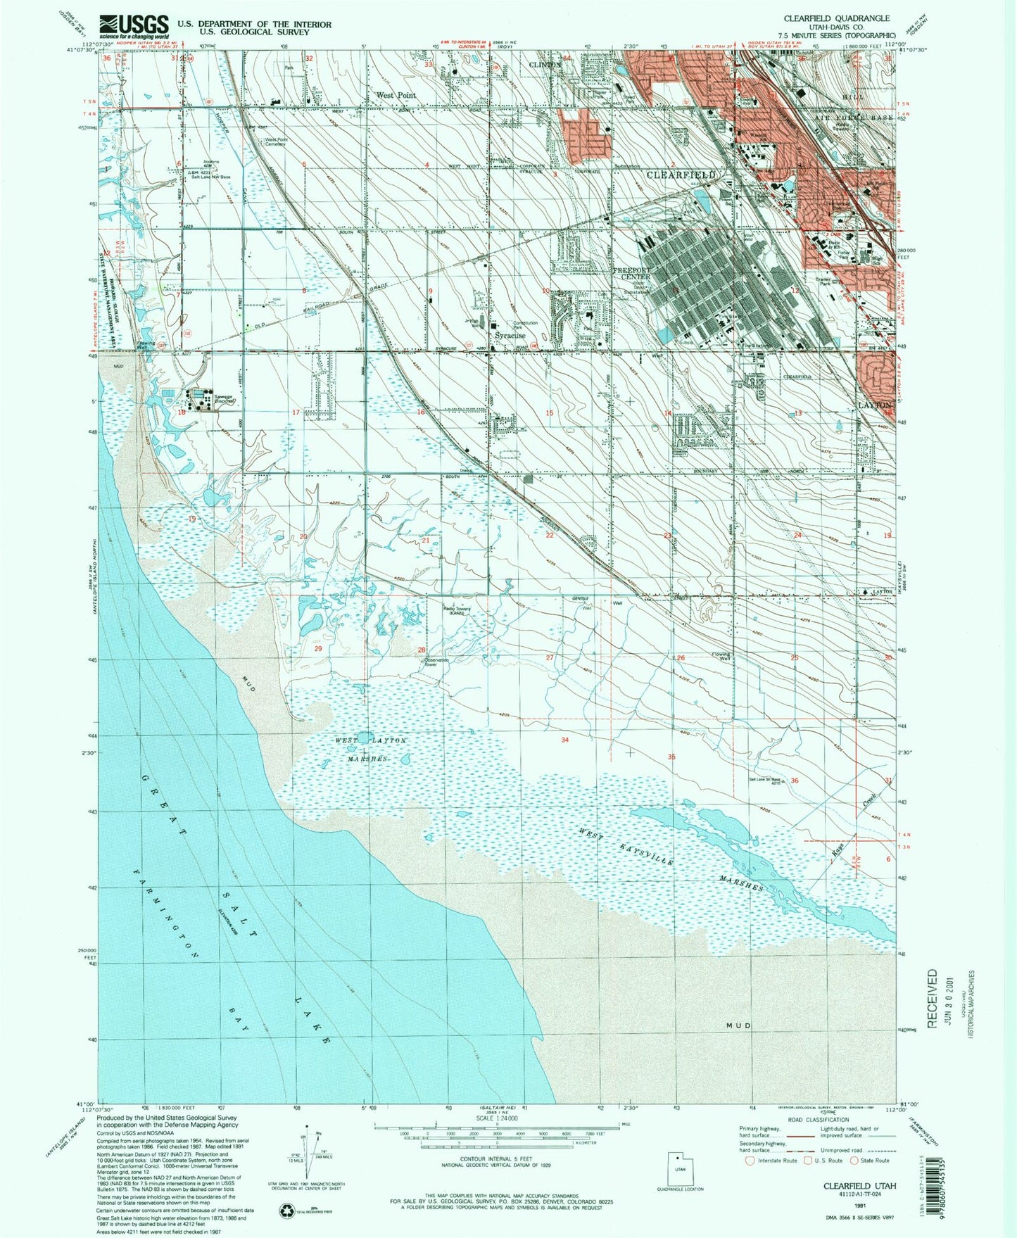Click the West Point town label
pos(396,94)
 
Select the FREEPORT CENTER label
pos(631,273)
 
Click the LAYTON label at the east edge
pos(875,405)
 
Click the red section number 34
pos(564,740)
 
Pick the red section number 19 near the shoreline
pos(192,519)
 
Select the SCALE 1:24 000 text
pos(497,1118)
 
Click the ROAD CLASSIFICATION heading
pos(819,1119)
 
